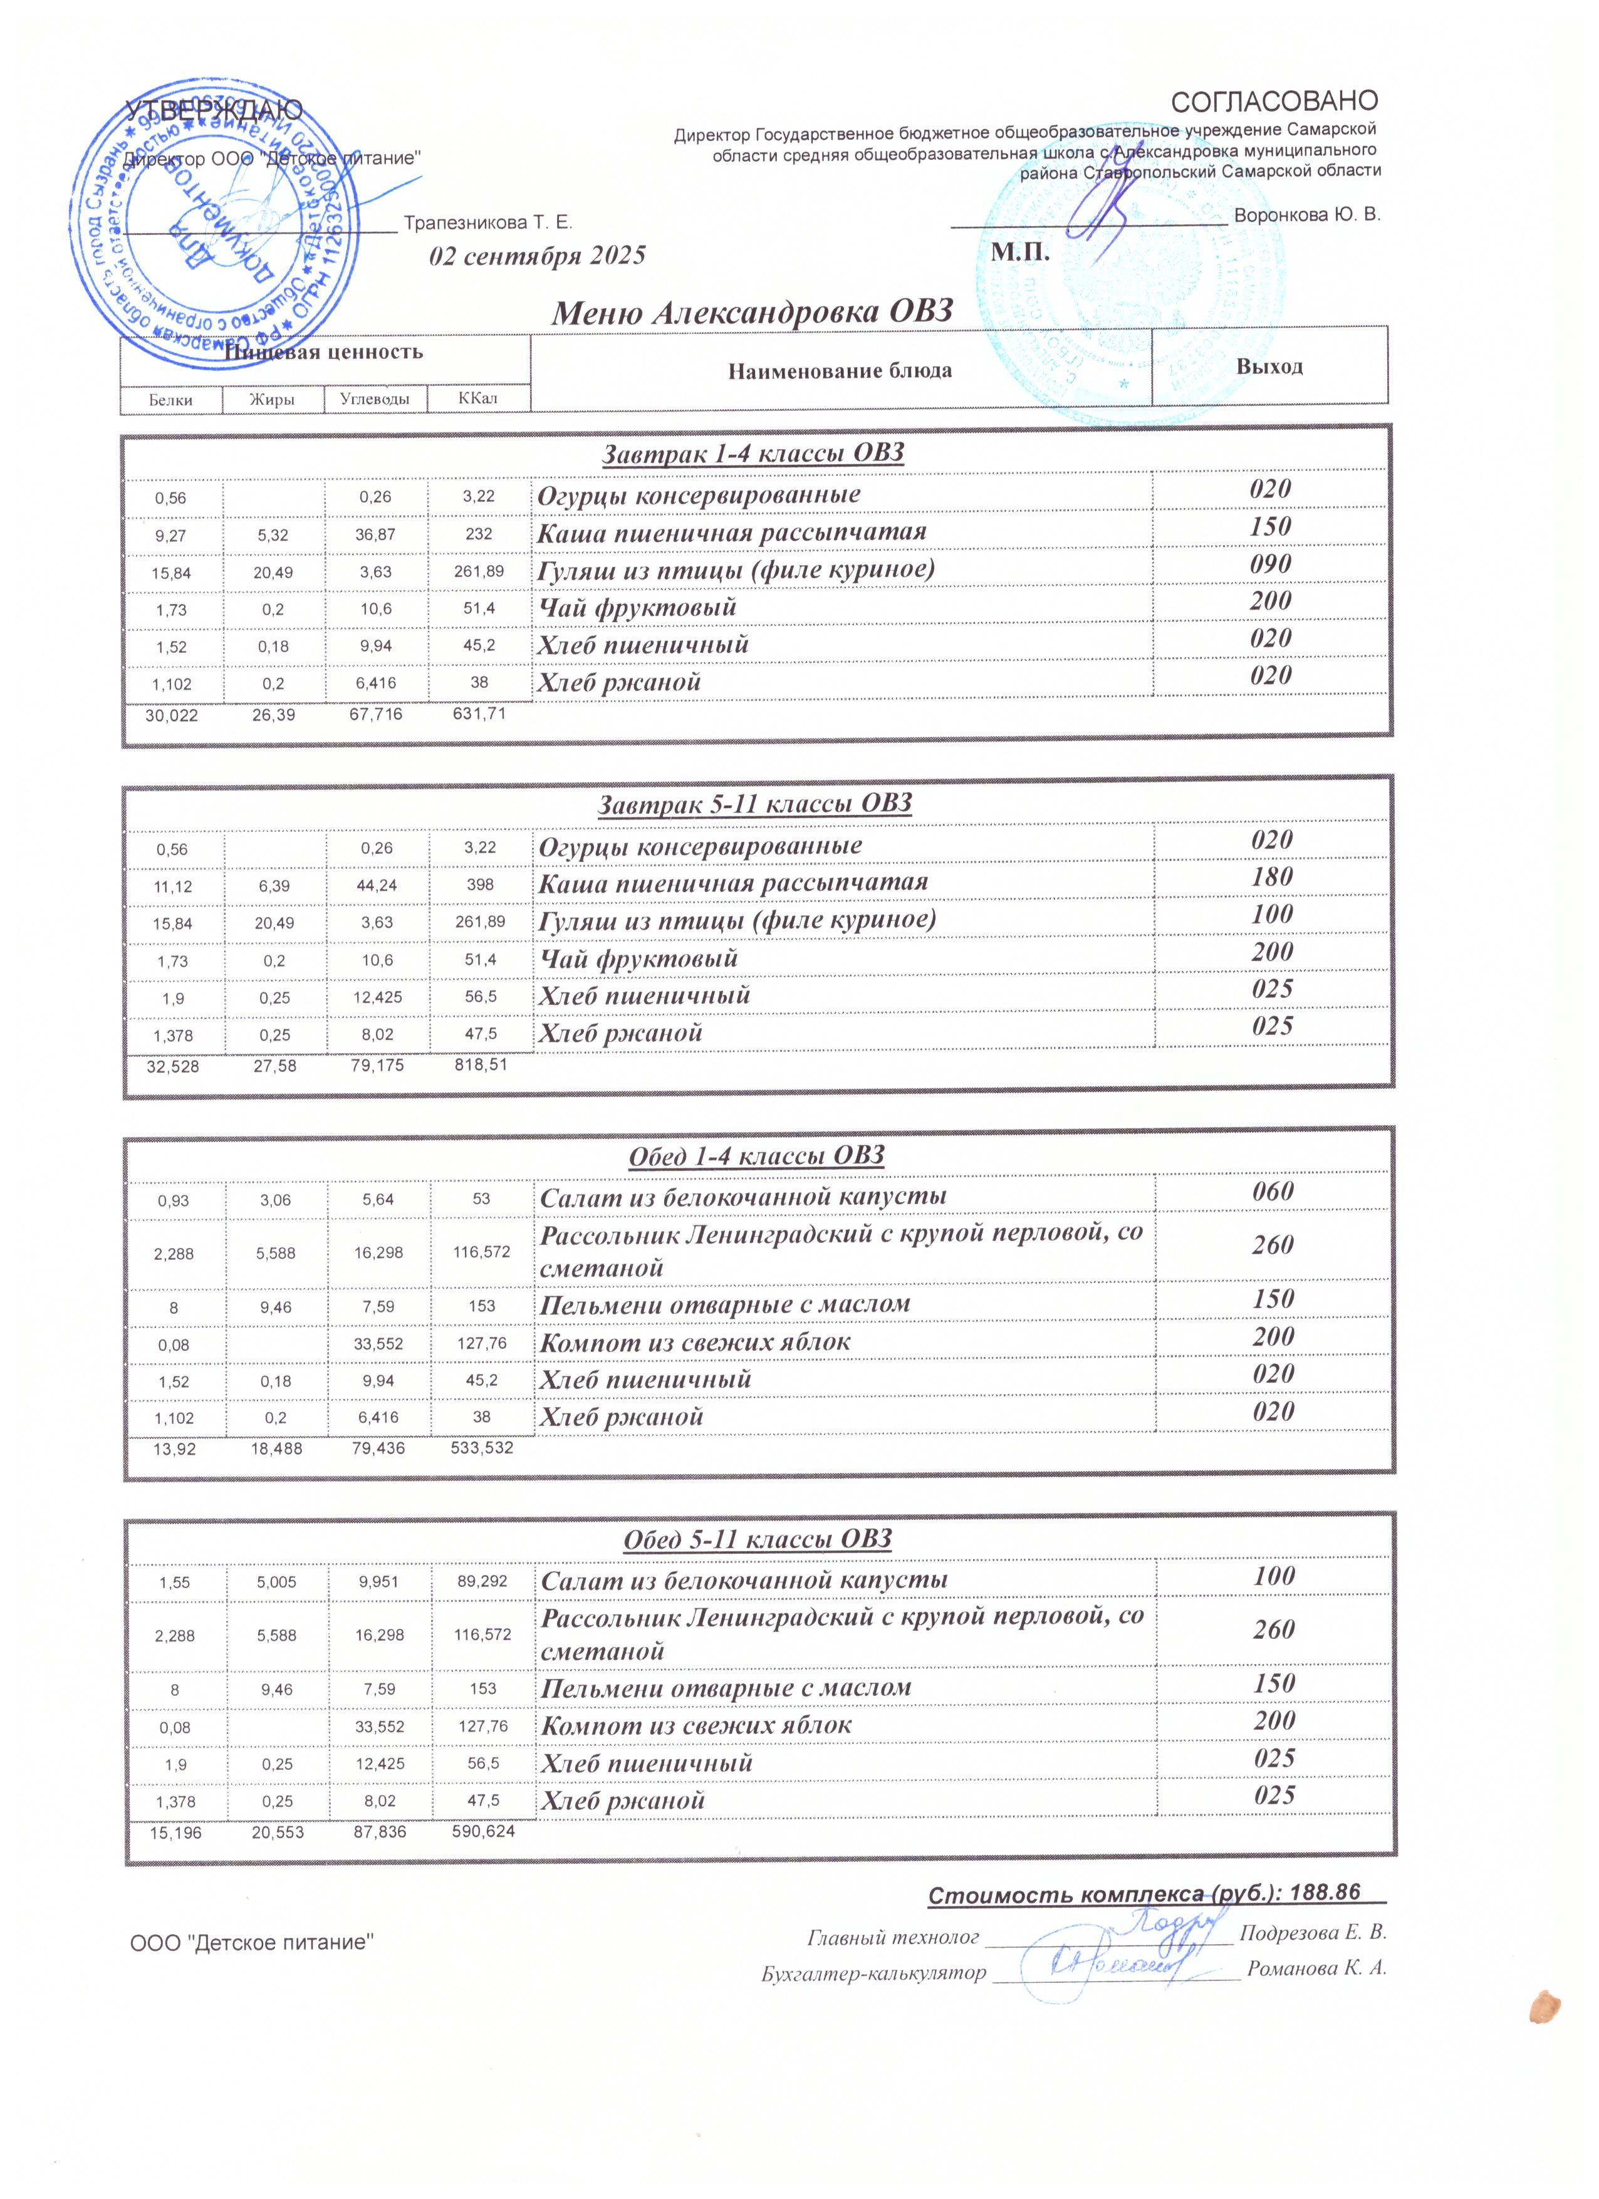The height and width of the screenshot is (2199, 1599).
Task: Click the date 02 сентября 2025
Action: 537,256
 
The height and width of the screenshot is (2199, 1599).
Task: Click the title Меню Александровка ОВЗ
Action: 751,313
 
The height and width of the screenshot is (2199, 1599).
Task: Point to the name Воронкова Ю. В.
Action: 1308,214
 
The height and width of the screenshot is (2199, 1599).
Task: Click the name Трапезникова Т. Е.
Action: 487,223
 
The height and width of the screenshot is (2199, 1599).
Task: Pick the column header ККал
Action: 478,398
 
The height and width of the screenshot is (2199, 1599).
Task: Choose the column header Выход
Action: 1269,366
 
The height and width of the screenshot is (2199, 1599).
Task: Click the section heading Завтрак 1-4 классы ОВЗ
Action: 753,453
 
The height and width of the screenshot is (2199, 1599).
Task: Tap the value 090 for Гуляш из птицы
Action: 1270,564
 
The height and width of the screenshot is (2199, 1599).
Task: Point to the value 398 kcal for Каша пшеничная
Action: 479,884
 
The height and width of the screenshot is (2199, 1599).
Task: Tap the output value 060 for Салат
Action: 1272,1192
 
